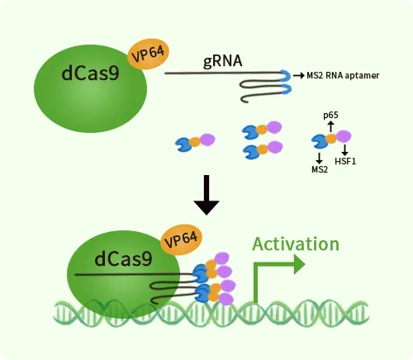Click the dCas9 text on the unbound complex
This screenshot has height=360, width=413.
click(89, 73)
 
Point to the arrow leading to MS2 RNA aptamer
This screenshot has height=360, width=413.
click(297, 75)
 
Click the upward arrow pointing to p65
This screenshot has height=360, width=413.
click(330, 126)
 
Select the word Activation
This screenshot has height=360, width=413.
click(295, 244)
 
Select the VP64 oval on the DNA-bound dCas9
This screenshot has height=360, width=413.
click(181, 240)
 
